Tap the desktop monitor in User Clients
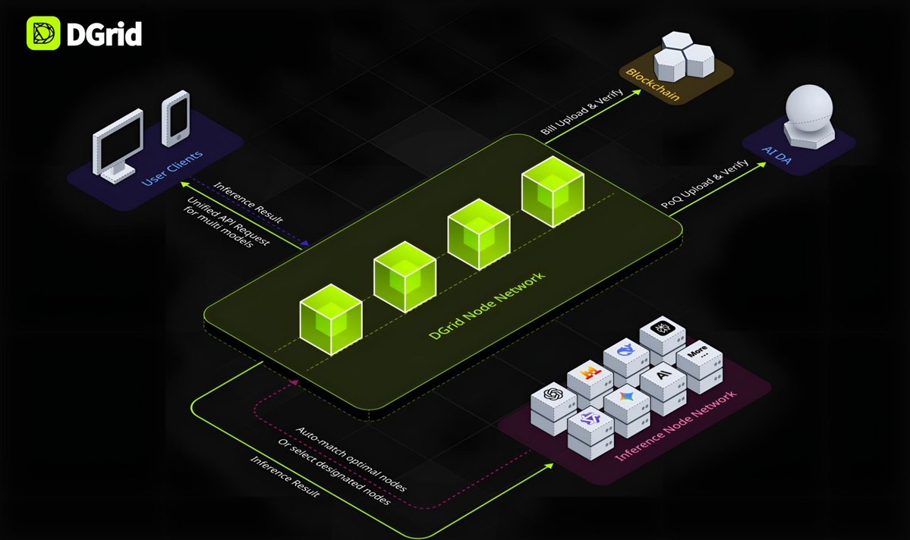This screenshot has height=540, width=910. [118, 145]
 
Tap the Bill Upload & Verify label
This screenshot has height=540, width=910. [582, 113]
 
